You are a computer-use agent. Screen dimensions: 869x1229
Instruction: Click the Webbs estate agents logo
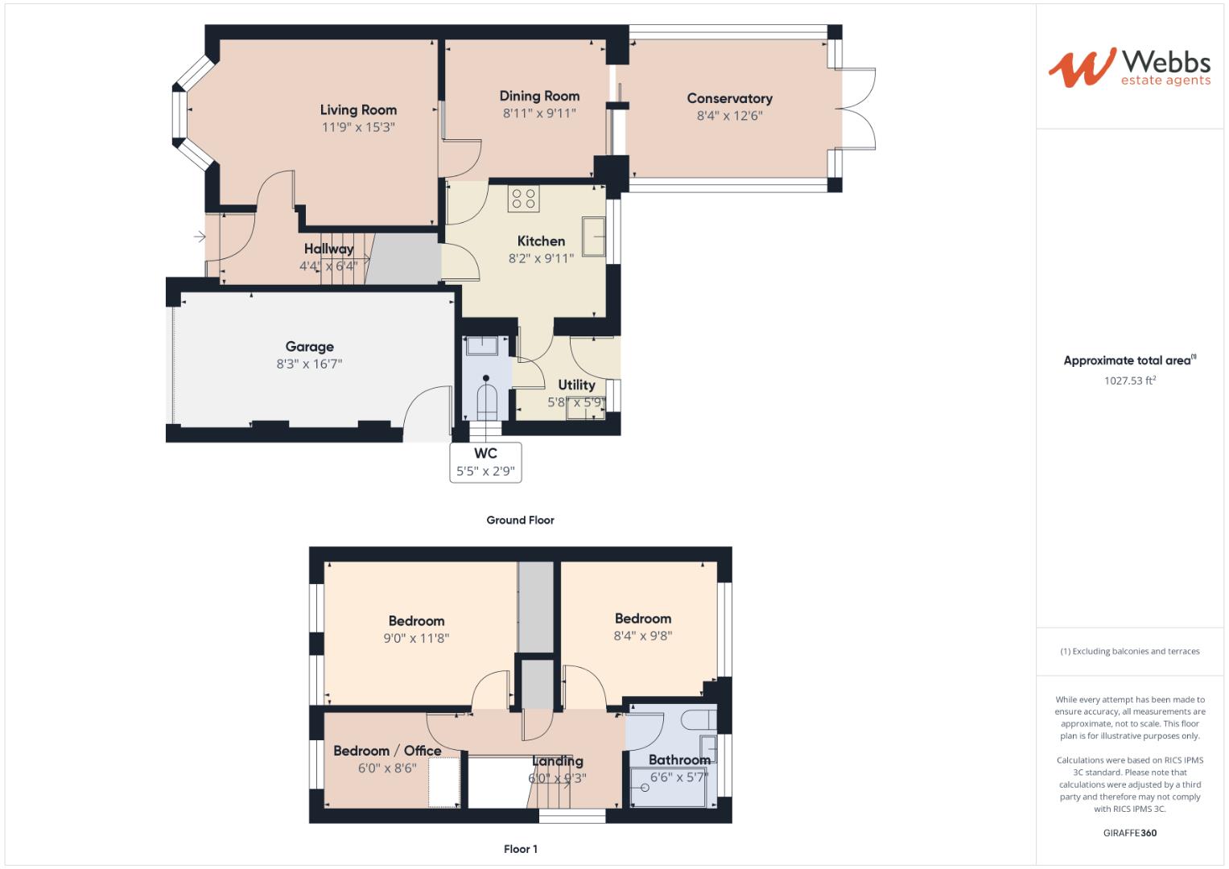pos(1129,68)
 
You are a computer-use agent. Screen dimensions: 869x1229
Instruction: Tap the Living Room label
pos(358,110)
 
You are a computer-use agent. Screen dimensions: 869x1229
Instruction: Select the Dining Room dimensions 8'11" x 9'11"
pos(539,113)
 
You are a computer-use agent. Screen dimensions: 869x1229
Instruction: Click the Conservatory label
pos(729,98)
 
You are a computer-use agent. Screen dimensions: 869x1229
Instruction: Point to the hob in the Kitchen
pos(523,199)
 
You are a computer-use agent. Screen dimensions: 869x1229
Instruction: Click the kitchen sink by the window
pos(594,236)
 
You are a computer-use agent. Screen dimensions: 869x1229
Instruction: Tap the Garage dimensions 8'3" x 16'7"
pos(309,364)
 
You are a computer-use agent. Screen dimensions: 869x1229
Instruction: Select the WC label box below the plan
pos(485,463)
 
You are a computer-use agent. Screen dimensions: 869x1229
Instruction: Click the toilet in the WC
pos(486,397)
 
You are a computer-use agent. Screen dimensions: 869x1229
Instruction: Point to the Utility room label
pos(576,385)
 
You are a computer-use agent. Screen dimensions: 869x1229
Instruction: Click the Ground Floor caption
pos(520,520)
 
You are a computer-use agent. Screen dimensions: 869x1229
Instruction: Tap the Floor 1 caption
pos(520,849)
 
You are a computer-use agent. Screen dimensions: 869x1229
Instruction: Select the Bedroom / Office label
pos(387,751)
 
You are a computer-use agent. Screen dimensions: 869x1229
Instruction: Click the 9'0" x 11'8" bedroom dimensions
pos(416,639)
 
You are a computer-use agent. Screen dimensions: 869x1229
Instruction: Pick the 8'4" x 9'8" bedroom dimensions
pos(642,636)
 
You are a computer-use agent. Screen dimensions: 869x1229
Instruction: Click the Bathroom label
pos(679,760)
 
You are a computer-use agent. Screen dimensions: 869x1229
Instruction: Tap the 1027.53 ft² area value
pos(1129,381)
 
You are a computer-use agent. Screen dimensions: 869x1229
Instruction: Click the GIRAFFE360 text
pos(1129,833)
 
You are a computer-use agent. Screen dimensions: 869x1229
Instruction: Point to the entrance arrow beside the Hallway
pos(199,237)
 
